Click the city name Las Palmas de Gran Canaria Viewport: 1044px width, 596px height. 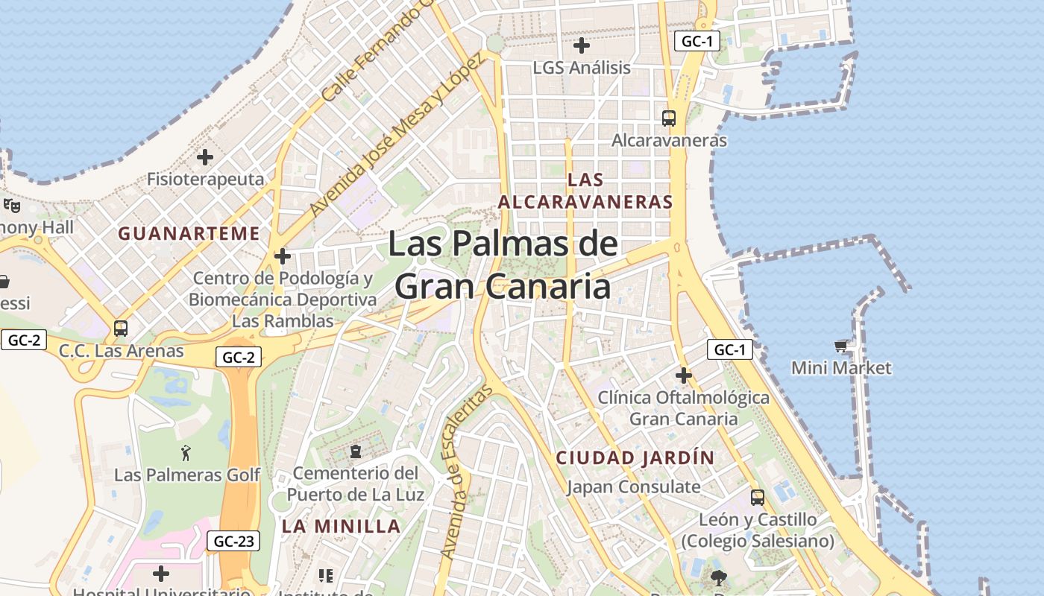tap(503, 265)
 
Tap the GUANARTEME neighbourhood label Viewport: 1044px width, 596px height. tap(189, 234)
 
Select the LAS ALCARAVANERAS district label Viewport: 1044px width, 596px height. tap(585, 191)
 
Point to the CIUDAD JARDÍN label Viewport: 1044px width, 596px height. tap(635, 457)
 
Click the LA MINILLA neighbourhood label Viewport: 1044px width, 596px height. tap(341, 526)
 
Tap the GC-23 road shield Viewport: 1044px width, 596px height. tap(234, 541)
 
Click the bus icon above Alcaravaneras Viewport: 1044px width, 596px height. tap(669, 118)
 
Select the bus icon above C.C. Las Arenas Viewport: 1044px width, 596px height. tap(120, 328)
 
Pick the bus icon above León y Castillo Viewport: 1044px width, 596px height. tap(758, 497)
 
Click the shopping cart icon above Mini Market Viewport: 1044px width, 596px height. tap(841, 346)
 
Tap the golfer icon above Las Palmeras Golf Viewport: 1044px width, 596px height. tap(186, 452)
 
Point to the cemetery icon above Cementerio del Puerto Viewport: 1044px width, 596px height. tap(356, 451)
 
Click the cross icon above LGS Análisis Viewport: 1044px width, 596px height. tap(582, 45)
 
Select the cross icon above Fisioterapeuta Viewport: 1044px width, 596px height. tap(205, 157)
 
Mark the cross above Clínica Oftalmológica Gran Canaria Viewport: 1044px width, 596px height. tap(683, 375)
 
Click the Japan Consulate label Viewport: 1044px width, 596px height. tap(633, 487)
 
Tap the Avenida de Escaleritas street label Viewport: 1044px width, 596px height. tap(468, 472)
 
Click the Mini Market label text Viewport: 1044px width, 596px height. tap(841, 368)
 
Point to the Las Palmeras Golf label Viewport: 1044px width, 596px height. tap(187, 475)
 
